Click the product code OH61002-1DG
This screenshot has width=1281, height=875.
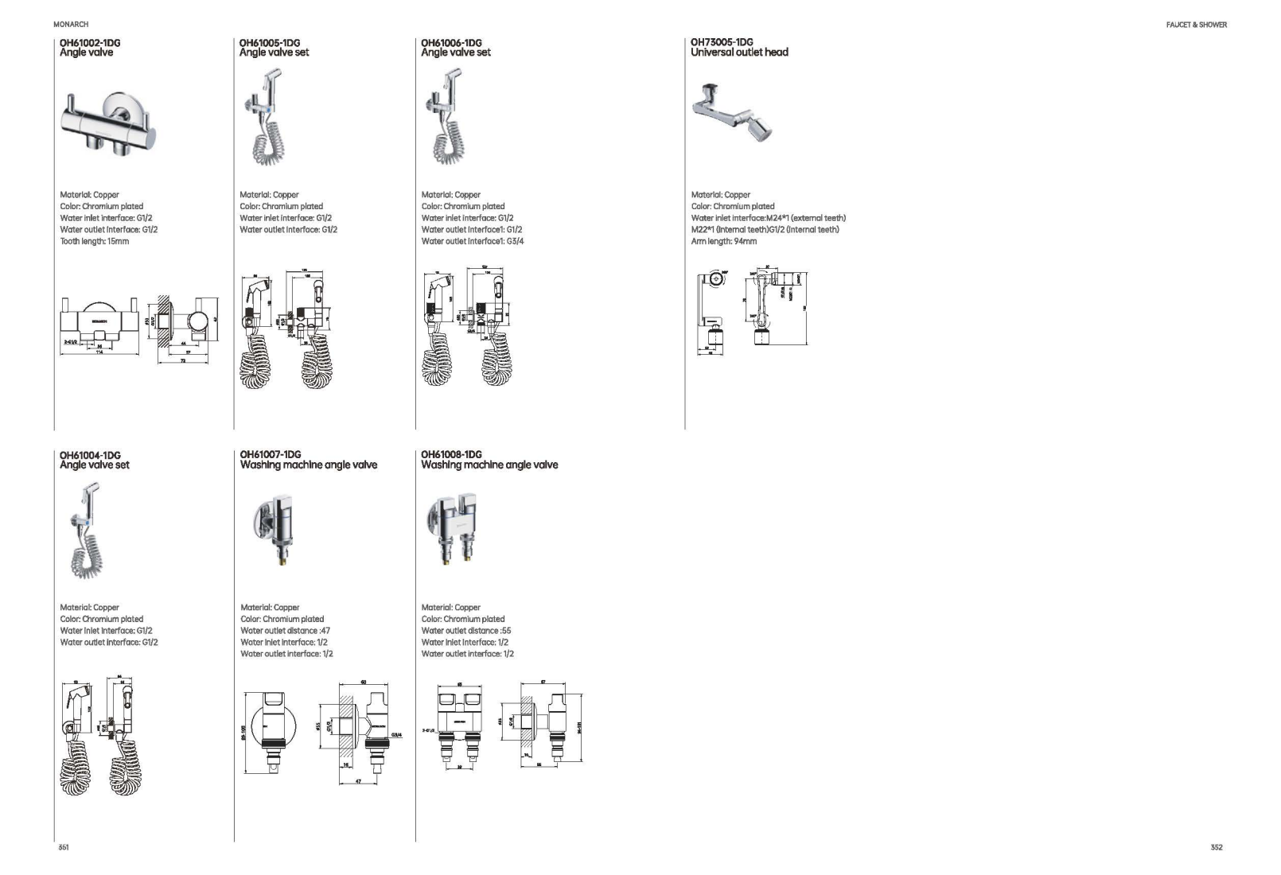90,43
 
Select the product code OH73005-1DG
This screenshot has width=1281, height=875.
722,42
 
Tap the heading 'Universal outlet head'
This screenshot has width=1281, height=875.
739,52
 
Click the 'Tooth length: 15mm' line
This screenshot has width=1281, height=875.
94,241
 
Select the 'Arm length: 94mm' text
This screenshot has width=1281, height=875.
724,241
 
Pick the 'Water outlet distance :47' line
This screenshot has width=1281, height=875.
285,631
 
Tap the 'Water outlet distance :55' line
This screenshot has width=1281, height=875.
465,631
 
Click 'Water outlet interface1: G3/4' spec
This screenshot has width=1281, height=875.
473,241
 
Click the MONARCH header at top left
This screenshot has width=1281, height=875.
71,25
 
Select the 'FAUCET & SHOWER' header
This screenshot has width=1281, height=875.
1196,25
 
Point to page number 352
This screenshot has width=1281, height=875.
1217,847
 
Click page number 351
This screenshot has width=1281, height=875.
64,847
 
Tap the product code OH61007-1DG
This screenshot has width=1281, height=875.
271,455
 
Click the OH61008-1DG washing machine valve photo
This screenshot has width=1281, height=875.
452,526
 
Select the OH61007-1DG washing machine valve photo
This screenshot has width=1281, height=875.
276,526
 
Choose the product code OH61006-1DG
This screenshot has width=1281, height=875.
451,43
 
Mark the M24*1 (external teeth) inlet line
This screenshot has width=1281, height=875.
768,218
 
